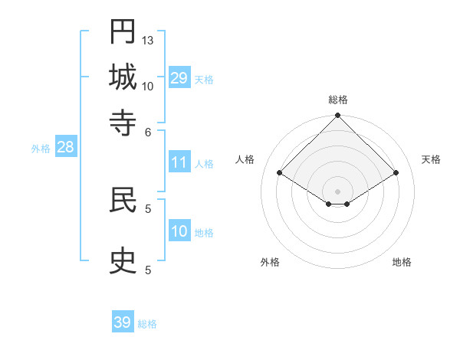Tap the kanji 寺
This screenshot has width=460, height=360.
pos(123,123)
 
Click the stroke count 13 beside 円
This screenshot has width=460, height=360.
pos(148,40)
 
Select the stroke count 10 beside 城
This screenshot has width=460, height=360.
pos(148,86)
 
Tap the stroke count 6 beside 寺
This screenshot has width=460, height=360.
pos(149,131)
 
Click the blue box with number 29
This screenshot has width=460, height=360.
pos(179,78)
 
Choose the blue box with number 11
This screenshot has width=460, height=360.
pos(179,162)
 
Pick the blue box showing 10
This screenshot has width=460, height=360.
pos(179,231)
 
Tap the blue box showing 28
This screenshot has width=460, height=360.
pos(65,148)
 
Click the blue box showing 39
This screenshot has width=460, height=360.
pos(123,322)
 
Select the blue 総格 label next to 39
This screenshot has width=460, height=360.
pos(147,324)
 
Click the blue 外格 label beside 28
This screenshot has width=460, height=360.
pos(41,149)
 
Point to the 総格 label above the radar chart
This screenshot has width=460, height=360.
pos(337,100)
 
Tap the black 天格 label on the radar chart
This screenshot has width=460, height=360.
pos(431,159)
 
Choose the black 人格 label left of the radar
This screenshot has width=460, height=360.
pos(245,159)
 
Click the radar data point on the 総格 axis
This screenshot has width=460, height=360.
pos(337,116)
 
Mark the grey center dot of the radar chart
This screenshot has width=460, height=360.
pos(337,191)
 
